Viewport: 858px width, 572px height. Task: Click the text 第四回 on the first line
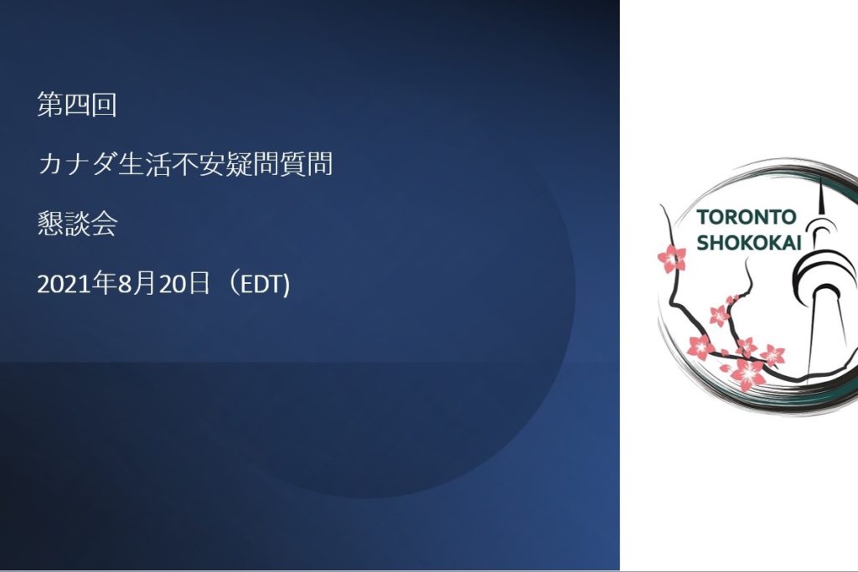(x=77, y=105)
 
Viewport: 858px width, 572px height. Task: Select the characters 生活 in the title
(x=144, y=164)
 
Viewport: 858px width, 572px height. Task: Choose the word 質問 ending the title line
(x=306, y=164)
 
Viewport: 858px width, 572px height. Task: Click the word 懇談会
(x=77, y=224)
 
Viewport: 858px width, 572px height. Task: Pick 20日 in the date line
(x=184, y=283)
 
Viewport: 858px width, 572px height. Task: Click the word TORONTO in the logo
(x=747, y=217)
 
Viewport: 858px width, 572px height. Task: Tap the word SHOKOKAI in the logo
(x=749, y=242)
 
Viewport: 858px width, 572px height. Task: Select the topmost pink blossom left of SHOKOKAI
(x=671, y=259)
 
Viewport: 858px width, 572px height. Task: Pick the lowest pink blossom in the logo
(x=747, y=374)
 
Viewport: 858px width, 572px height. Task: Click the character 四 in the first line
(x=77, y=105)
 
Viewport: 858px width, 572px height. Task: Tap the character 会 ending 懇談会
(x=105, y=224)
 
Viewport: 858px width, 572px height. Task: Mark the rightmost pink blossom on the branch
(x=773, y=355)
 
